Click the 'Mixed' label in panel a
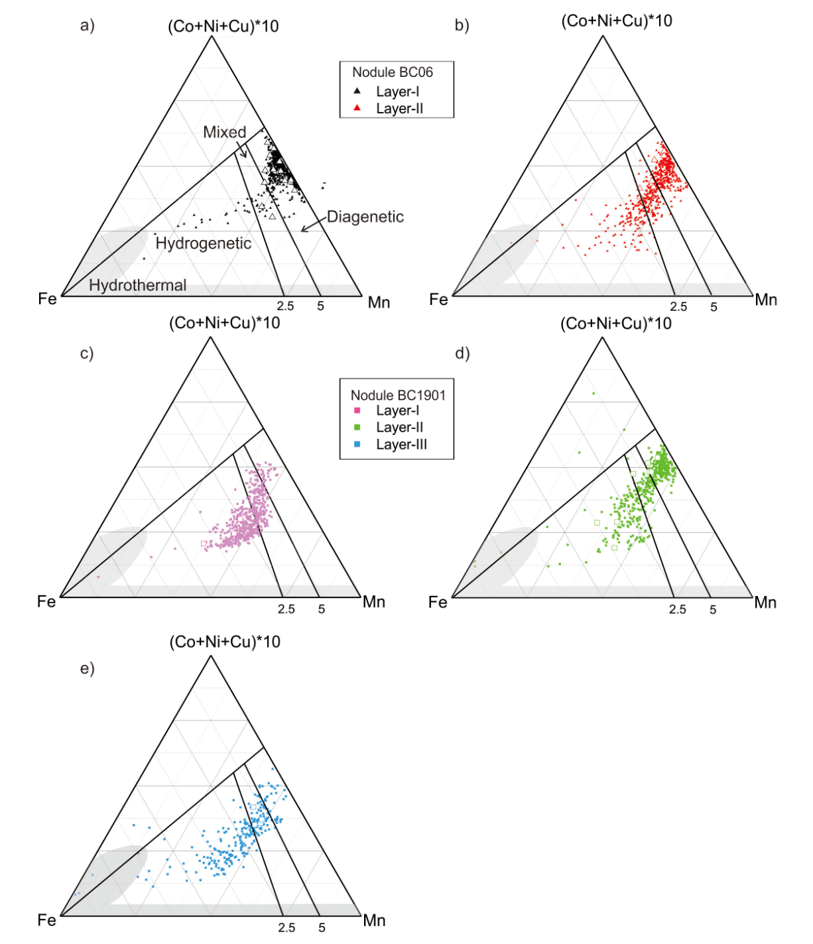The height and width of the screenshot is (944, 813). pos(224,132)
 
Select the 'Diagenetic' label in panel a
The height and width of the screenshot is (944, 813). pos(365,217)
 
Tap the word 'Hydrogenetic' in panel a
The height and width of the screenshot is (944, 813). pos(203,243)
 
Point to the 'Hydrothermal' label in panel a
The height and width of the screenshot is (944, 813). pos(137,285)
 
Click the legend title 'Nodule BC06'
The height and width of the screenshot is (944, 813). pos(392,72)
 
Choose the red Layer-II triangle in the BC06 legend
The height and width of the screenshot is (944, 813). pos(357,108)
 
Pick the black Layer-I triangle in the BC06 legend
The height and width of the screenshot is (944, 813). pos(357,91)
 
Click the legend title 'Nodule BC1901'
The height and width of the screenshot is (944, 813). pos(398,395)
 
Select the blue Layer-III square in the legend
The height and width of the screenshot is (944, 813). pos(357,444)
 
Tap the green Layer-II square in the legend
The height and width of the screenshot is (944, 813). pos(357,428)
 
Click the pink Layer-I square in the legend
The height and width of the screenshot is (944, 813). pos(357,411)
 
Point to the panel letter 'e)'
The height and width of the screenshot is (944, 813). pos(87,668)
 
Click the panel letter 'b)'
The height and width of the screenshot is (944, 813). pos(462,25)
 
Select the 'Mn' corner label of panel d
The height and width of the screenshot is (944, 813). pos(765,603)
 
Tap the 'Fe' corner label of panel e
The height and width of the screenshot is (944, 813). pos(46,920)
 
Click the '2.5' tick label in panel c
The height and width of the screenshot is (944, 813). pos(286,609)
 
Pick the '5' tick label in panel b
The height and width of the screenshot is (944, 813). pos(714,307)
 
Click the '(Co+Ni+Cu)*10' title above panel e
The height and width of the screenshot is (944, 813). pos(225,642)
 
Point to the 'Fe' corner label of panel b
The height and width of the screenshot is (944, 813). pos(438,300)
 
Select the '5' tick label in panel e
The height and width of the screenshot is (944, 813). pos(322,928)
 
